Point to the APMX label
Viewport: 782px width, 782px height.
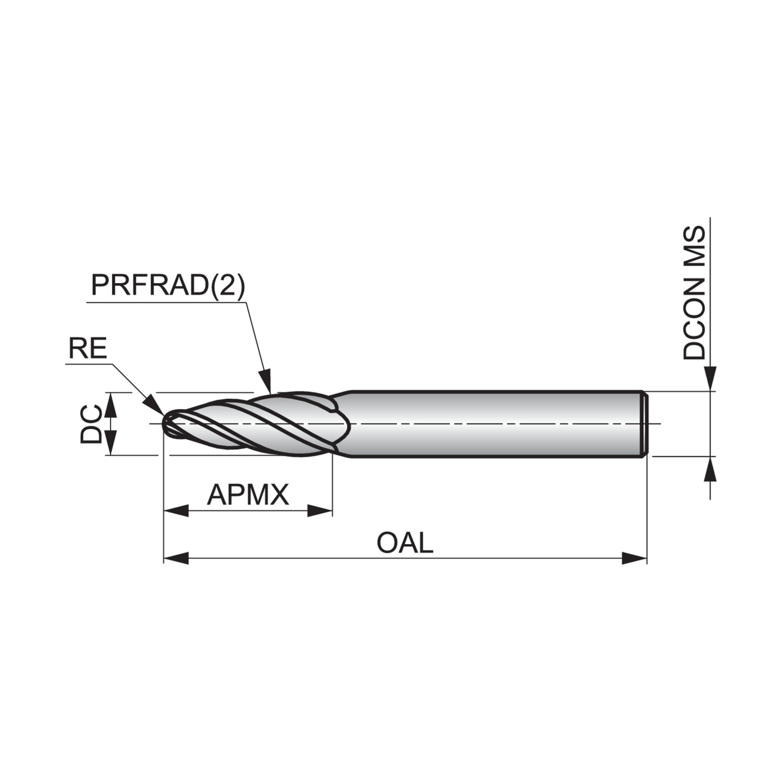[x=248, y=494]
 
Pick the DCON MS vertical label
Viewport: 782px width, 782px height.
[x=694, y=292]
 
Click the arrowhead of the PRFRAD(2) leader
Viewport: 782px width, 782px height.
[x=266, y=381]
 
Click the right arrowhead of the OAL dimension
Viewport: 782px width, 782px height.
[x=634, y=558]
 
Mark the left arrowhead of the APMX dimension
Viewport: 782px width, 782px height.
[x=176, y=511]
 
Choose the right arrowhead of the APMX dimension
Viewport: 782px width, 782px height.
[x=320, y=511]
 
